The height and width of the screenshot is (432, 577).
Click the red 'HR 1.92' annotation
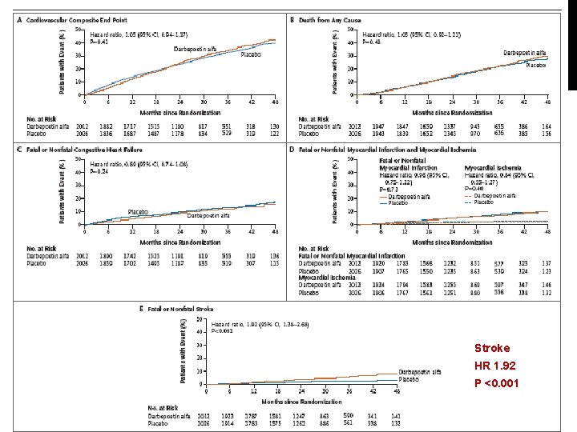coord(493,366)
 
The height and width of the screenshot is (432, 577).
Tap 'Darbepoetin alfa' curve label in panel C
coord(208,215)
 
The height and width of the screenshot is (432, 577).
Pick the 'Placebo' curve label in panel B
coord(535,65)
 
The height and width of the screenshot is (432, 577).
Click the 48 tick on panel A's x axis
coord(275,102)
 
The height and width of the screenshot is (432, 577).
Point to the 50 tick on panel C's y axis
coord(79,159)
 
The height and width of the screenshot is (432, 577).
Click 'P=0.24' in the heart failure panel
coord(99,171)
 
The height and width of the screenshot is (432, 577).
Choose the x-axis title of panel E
coord(301,399)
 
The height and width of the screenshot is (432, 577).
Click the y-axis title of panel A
coord(63,61)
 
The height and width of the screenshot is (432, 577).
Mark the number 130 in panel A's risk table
coord(275,126)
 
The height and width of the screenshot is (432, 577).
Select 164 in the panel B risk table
coord(547,126)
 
